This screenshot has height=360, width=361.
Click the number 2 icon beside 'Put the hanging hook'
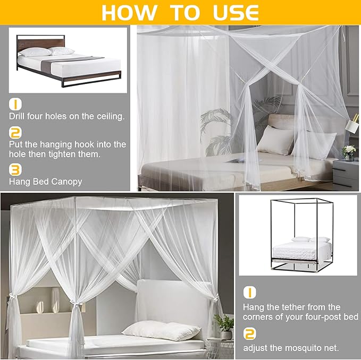[15, 132]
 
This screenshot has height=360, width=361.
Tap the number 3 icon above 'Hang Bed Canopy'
[15, 169]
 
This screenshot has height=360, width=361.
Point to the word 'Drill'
[18, 116]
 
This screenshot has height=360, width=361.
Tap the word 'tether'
[298, 307]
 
